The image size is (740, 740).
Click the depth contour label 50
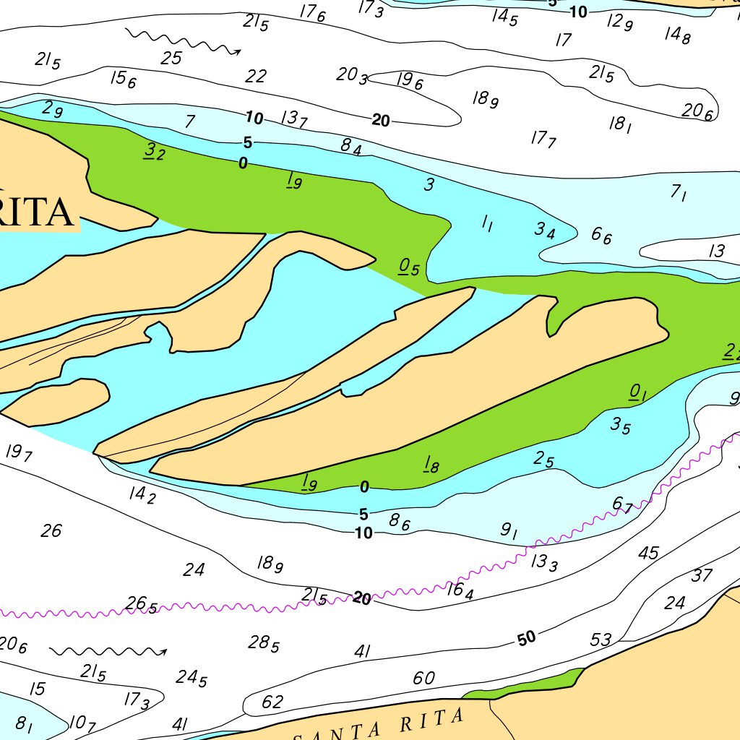pyautogui.click(x=527, y=638)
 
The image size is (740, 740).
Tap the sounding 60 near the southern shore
pyautogui.click(x=424, y=678)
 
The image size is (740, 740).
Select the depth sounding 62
pyautogui.click(x=272, y=702)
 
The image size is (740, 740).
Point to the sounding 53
pyautogui.click(x=601, y=640)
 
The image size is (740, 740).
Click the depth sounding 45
pyautogui.click(x=648, y=553)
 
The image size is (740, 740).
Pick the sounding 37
pyautogui.click(x=702, y=575)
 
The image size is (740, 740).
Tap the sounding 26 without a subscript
pyautogui.click(x=51, y=531)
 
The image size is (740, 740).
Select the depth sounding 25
pyautogui.click(x=171, y=59)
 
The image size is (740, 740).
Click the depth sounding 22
pyautogui.click(x=256, y=76)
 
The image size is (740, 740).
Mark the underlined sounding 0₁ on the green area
pyautogui.click(x=637, y=392)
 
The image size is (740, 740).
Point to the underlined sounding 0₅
pyautogui.click(x=409, y=267)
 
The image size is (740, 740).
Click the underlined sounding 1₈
pyautogui.click(x=431, y=465)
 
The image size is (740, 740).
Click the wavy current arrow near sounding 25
pyautogui.click(x=182, y=41)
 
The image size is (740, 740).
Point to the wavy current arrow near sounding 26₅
pyautogui.click(x=108, y=652)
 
